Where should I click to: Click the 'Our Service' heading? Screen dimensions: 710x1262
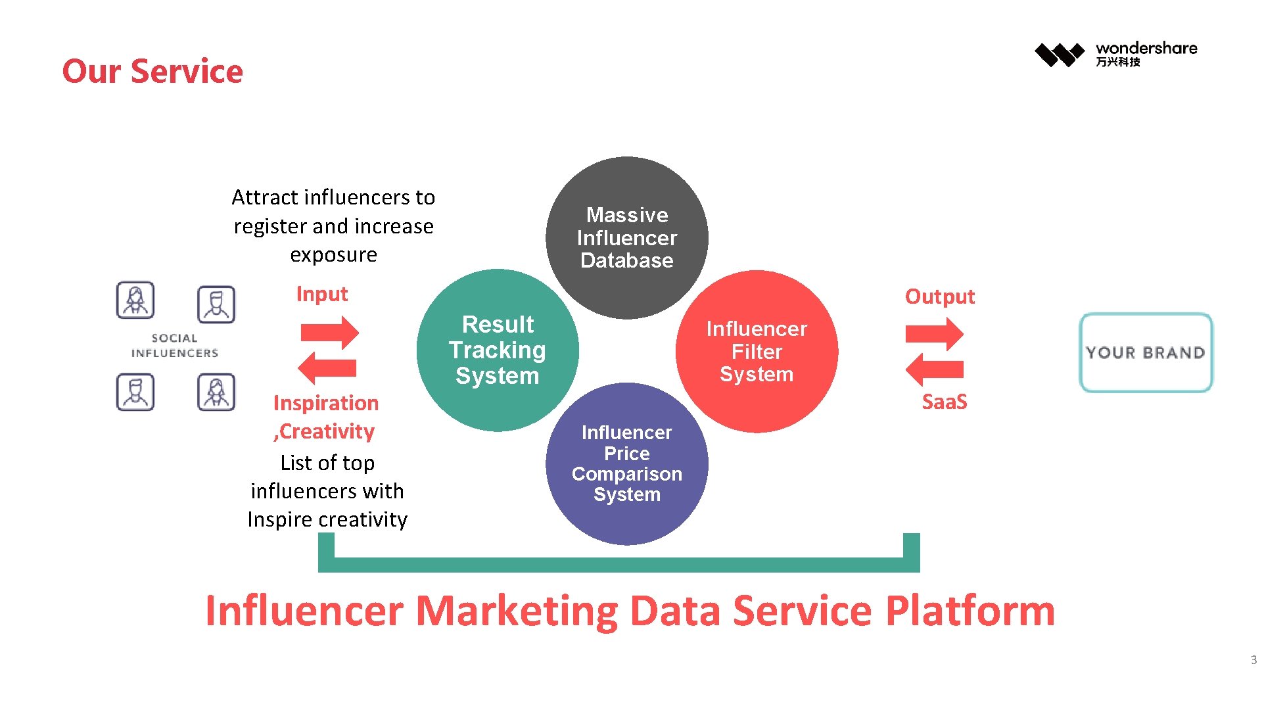coord(152,71)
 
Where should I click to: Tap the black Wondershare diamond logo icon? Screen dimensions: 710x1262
coord(1059,54)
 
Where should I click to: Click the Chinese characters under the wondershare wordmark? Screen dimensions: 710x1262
coord(1117,62)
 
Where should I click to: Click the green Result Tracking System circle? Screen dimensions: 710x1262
coord(497,350)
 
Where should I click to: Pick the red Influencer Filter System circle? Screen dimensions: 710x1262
coord(757,351)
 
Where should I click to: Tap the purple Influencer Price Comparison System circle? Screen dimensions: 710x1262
coord(626,463)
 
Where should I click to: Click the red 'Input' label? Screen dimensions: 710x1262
coord(321,294)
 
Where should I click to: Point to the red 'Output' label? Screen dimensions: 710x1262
coord(939,296)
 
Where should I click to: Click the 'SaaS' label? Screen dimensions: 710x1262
coord(944,402)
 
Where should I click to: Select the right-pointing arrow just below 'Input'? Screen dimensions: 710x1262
coord(329,333)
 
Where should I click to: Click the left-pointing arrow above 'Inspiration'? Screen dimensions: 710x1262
coord(327,367)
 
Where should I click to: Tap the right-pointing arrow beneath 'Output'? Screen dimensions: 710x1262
coord(934,334)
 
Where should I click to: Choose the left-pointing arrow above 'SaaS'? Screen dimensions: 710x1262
coord(934,369)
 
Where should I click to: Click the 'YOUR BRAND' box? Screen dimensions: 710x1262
coord(1146,352)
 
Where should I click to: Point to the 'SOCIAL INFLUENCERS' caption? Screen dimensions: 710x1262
coord(174,346)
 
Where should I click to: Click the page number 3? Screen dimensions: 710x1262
coord(1253,660)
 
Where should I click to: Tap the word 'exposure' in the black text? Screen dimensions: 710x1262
coord(333,254)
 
